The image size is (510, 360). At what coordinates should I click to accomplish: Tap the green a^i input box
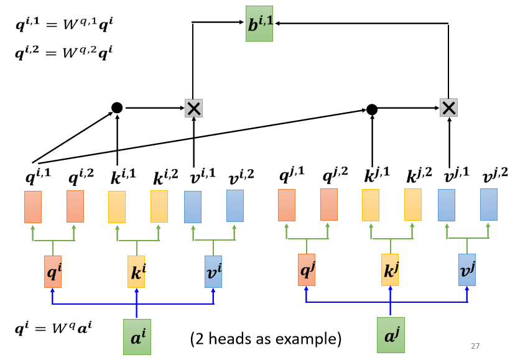click(137, 336)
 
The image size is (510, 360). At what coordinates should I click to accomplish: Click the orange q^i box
click(53, 271)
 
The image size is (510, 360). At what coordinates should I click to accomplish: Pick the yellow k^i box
click(136, 271)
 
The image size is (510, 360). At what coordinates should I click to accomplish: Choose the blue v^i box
click(213, 271)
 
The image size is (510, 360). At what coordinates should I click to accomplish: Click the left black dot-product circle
click(117, 108)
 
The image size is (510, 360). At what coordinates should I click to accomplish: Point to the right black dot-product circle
click(372, 109)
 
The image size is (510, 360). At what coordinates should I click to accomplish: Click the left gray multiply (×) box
click(194, 108)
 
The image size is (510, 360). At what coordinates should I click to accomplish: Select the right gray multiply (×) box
click(448, 108)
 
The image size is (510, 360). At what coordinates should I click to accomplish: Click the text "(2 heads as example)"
click(266, 339)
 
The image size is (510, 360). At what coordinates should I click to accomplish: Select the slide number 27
click(476, 346)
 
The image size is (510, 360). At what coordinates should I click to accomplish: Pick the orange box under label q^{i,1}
click(33, 206)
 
